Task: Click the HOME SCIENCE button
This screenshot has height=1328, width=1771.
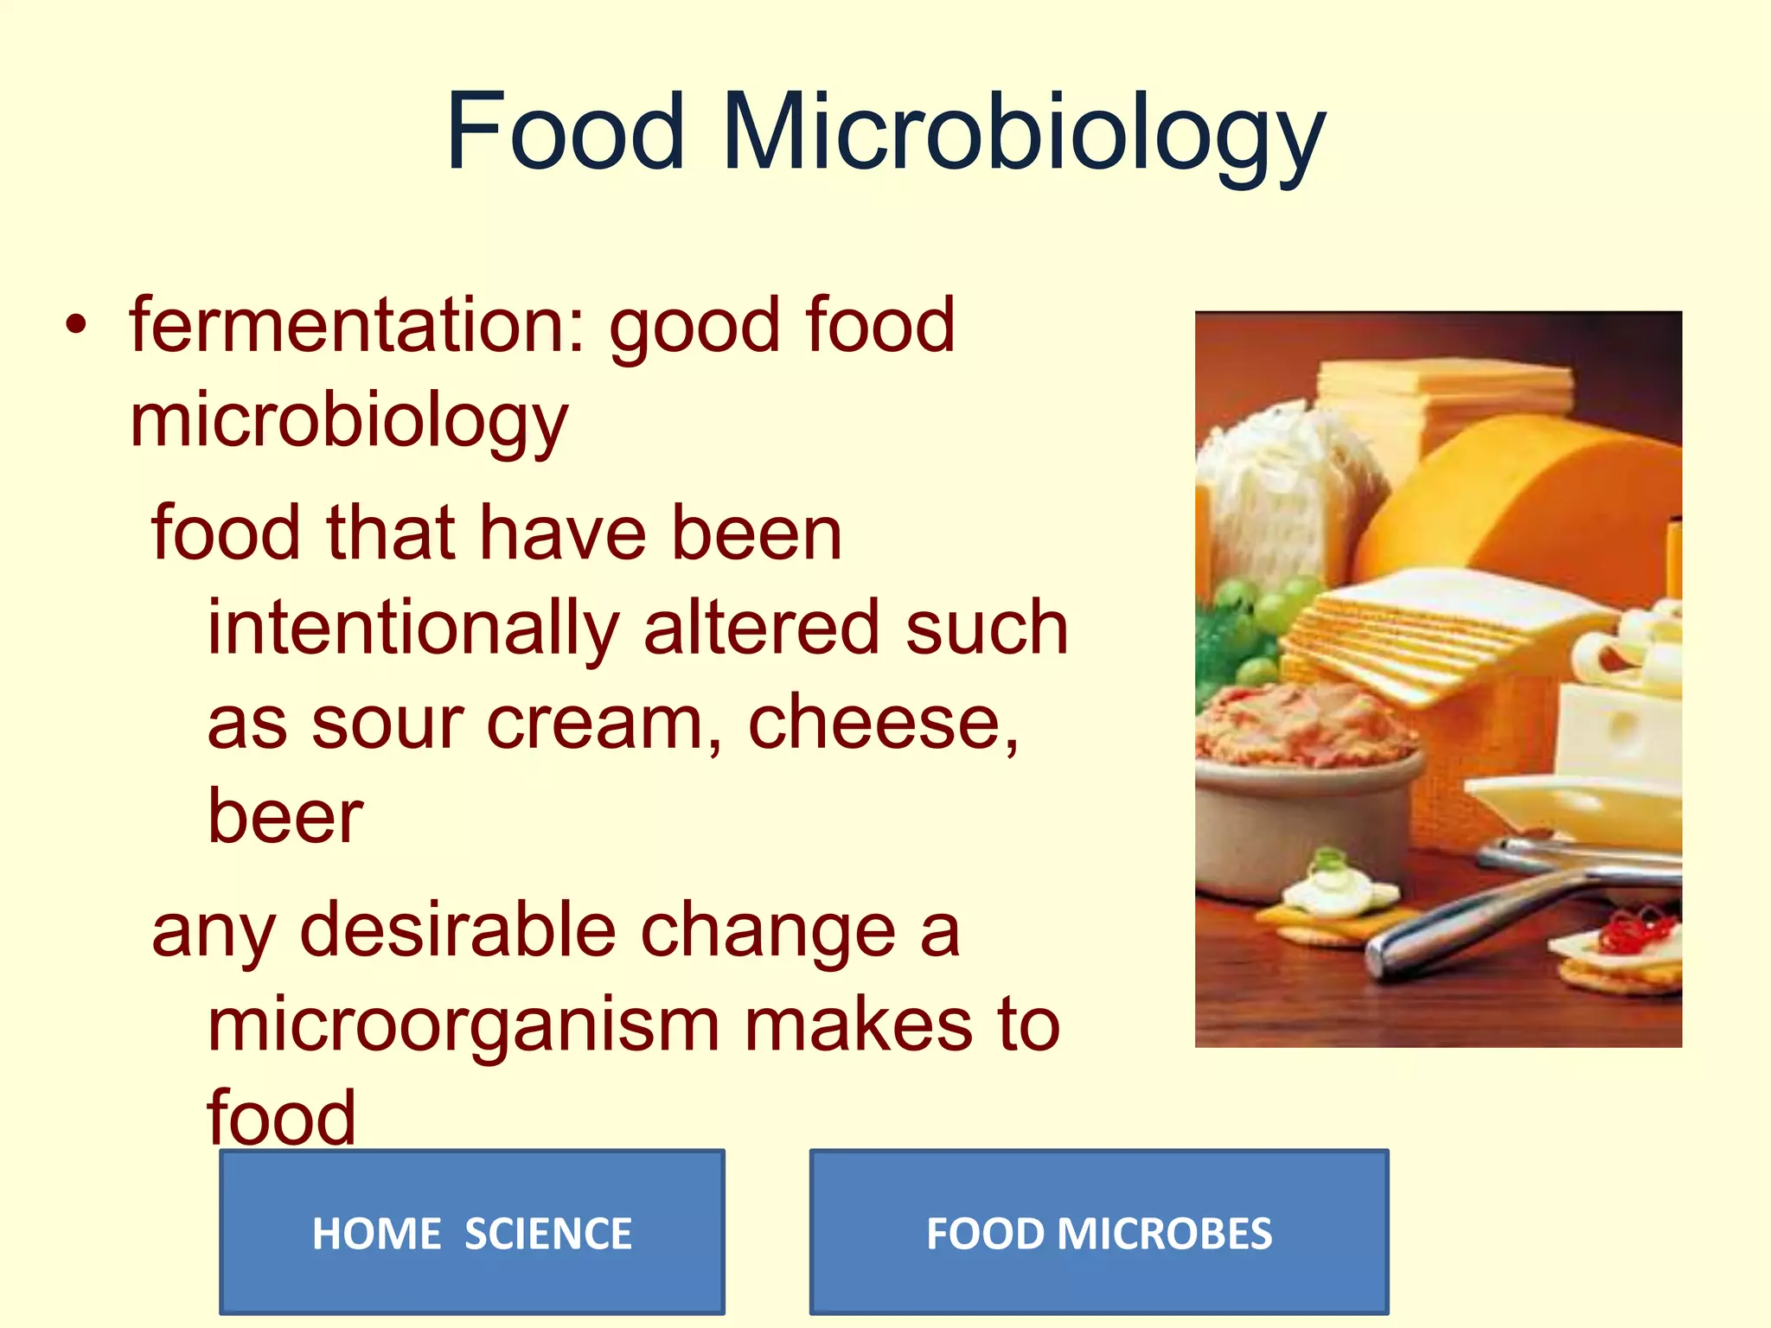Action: click(x=472, y=1232)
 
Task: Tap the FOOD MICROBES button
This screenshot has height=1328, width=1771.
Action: click(x=1099, y=1232)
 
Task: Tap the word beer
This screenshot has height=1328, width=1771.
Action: click(x=285, y=816)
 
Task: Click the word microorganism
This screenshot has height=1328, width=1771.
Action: click(x=464, y=1025)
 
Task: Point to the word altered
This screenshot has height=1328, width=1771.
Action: click(x=762, y=628)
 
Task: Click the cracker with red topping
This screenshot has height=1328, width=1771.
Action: click(x=1626, y=951)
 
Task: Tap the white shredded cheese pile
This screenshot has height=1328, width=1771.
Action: click(x=1280, y=493)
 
